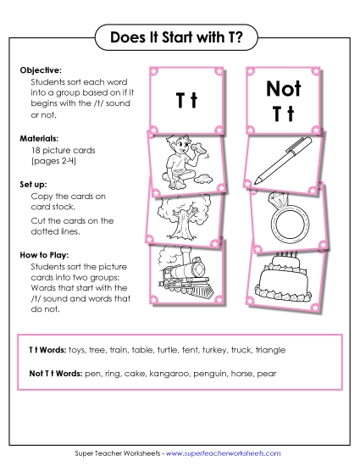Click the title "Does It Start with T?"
tap(180, 37)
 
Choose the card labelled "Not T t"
tap(284, 100)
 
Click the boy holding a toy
tap(183, 162)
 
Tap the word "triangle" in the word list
tap(265, 349)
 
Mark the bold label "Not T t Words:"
tap(57, 374)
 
